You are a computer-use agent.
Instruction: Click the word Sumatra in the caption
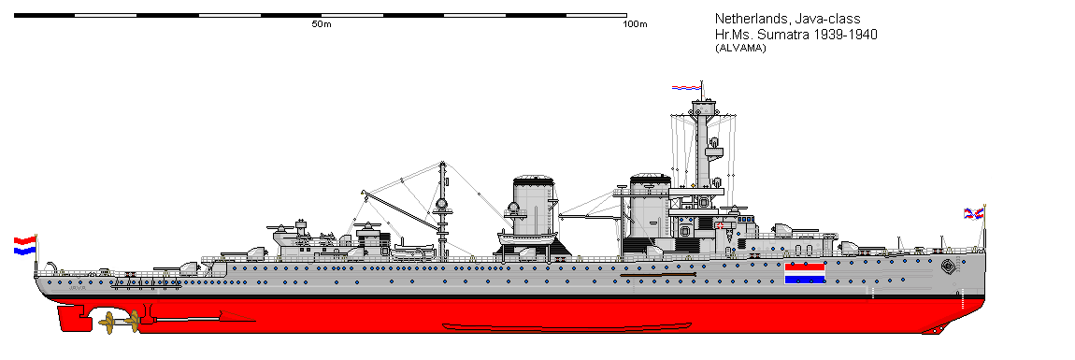pos(767,34)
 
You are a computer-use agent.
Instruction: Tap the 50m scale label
pos(322,24)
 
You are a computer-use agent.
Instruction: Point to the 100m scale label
pos(636,24)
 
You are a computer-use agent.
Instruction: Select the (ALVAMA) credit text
pos(740,49)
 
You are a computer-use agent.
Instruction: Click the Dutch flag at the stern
pos(24,246)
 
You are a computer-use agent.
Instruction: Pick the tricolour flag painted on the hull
pos(804,272)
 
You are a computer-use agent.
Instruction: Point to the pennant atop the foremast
pos(685,88)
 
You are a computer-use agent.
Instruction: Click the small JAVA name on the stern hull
pos(78,289)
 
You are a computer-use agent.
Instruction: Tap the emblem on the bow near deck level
pos(950,265)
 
